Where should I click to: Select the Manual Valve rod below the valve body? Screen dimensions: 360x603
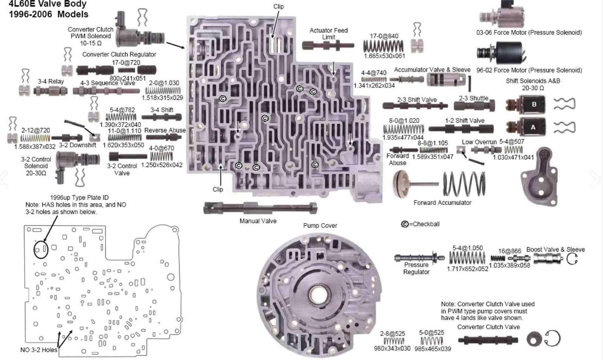click(260, 208)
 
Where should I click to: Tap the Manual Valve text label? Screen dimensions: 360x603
click(258, 221)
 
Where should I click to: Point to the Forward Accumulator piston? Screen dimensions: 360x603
click(401, 184)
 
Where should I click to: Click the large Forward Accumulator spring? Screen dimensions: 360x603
click(464, 184)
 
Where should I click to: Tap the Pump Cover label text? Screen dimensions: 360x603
click(320, 226)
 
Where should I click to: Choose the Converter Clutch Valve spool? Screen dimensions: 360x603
click(488, 340)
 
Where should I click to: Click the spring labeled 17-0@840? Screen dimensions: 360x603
click(383, 47)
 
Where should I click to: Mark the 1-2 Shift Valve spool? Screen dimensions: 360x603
click(461, 129)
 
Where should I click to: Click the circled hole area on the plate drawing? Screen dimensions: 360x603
click(41, 249)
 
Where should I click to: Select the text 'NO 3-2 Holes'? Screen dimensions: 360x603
click(39, 350)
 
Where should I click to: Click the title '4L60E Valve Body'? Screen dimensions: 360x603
click(48, 4)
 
